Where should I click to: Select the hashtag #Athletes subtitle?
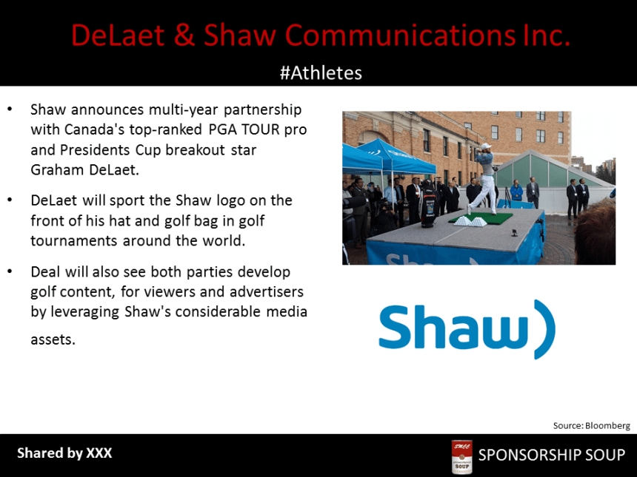point(321,72)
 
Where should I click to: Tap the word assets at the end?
point(53,340)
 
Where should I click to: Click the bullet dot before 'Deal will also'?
point(10,271)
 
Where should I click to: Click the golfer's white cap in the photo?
point(485,147)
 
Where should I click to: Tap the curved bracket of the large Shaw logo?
point(544,330)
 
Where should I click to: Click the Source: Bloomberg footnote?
point(591,425)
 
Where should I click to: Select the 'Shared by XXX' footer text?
point(64,453)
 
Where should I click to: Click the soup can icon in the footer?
point(461,456)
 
